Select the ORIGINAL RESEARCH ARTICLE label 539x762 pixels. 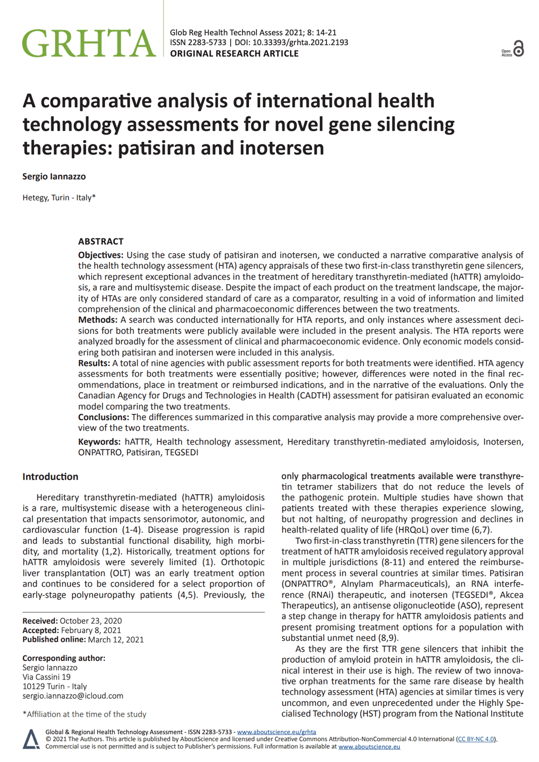tap(234, 54)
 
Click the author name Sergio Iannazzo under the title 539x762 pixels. tap(54, 177)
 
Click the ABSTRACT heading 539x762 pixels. tap(101, 241)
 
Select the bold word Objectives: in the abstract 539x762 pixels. tap(101, 255)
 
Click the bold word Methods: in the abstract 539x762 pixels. tap(98, 320)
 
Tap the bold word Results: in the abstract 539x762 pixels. tap(94, 363)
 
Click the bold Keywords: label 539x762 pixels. tap(100, 442)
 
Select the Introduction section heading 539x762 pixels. tap(50, 477)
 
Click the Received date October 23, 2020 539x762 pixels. tap(91, 621)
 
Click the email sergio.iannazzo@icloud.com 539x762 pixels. tap(73, 696)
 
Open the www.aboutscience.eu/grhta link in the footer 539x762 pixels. tap(277, 732)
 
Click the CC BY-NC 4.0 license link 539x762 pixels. tap(475, 739)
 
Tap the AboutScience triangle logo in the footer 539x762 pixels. tap(31, 739)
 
